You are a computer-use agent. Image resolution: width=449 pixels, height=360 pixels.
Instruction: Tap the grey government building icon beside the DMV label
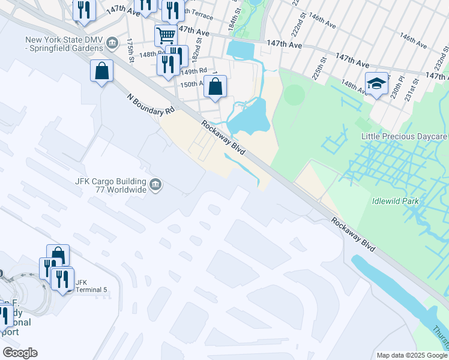point(111,41)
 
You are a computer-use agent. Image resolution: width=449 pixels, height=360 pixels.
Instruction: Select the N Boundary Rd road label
point(151,104)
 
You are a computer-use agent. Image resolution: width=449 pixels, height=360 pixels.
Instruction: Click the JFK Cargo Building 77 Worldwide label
point(112,185)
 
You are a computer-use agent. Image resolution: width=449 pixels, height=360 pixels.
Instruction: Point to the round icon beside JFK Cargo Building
point(156,184)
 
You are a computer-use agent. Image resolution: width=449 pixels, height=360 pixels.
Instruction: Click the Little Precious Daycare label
point(404,137)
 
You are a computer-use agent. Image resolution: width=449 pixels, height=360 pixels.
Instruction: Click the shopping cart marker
point(166,35)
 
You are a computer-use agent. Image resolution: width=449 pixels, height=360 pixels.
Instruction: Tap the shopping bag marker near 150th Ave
point(215,86)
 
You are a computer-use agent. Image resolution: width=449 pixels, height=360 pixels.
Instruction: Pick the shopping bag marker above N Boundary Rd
point(101,71)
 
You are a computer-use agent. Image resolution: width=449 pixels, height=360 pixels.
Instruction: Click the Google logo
point(20,353)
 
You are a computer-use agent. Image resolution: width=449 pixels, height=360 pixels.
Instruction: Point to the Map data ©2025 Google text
point(412,355)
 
